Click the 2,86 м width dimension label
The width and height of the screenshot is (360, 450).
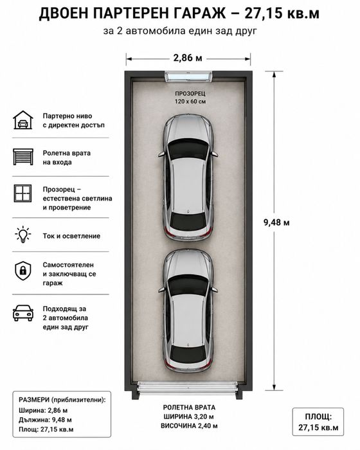[x=188, y=58]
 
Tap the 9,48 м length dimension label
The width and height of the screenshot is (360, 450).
[x=276, y=222]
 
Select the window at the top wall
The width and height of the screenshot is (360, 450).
[x=188, y=76]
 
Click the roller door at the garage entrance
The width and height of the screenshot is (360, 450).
[x=188, y=387]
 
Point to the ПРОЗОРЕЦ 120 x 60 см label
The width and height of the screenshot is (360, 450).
[x=190, y=98]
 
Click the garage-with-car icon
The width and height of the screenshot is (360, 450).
[x=23, y=120]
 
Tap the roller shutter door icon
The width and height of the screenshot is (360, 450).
[x=23, y=157]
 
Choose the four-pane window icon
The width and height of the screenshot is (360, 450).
[x=23, y=194]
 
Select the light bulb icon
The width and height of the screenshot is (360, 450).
[x=23, y=235]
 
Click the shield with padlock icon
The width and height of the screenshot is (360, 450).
[x=23, y=271]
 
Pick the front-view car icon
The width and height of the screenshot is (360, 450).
[x=23, y=313]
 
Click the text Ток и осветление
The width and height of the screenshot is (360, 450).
[x=71, y=236]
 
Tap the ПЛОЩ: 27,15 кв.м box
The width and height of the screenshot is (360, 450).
[x=318, y=422]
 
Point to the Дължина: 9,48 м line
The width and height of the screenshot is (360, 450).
[x=45, y=420]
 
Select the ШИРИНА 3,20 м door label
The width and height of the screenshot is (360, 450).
[x=188, y=417]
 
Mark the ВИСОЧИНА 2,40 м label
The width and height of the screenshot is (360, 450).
[x=189, y=426]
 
